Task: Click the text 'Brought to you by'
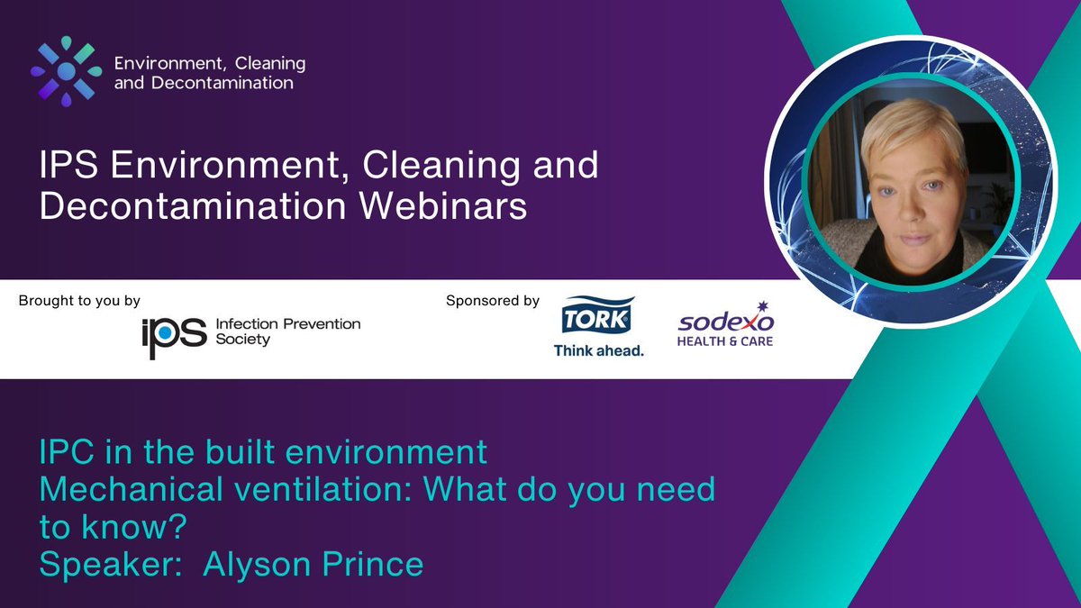point(79,301)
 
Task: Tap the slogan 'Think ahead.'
point(598,350)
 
